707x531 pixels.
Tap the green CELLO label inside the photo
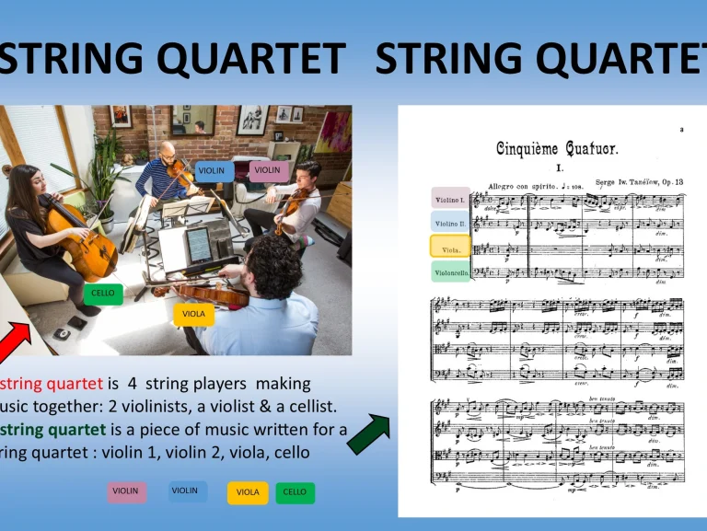[x=103, y=294]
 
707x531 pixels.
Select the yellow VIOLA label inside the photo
[x=193, y=314]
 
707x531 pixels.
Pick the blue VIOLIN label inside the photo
[x=211, y=170]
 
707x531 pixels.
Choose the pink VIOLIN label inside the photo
[x=268, y=170]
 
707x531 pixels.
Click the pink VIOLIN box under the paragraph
[x=126, y=491]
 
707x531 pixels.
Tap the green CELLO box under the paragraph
[x=295, y=492]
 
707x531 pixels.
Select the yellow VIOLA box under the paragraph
[x=248, y=492]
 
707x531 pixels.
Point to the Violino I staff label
[x=450, y=199]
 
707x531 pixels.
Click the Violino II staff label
[x=450, y=223]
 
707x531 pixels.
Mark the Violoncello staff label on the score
[x=451, y=272]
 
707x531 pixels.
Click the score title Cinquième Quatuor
[x=557, y=148]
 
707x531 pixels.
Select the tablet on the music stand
[x=198, y=244]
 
